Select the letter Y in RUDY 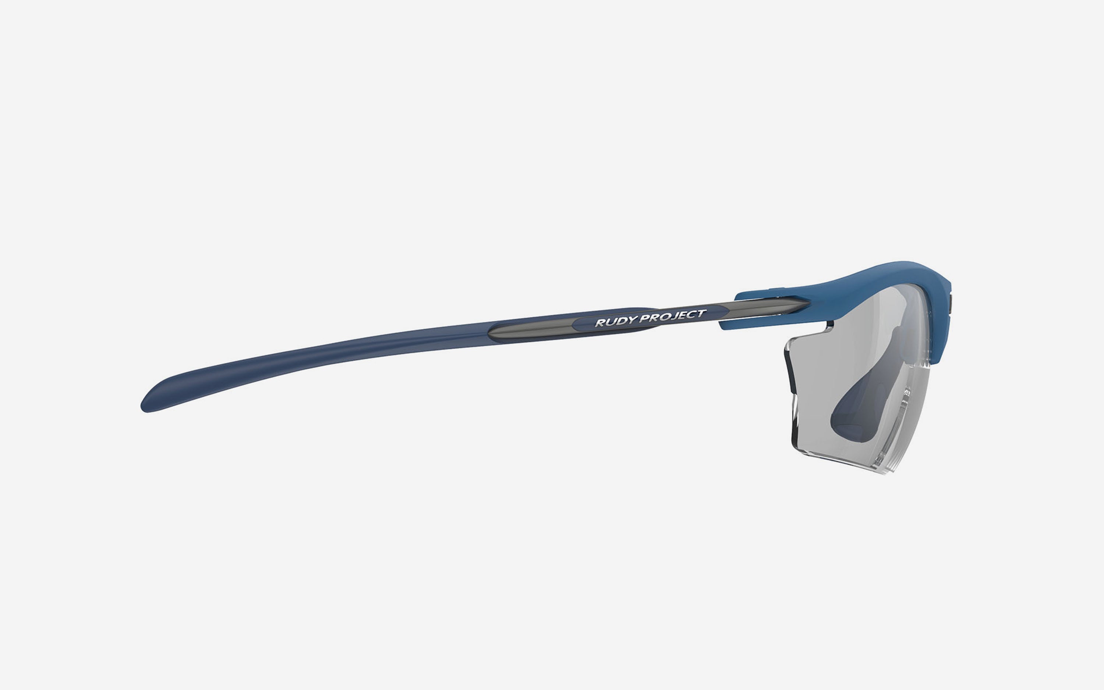[632, 320]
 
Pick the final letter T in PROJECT [702, 313]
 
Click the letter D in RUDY [622, 321]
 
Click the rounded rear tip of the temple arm [143, 407]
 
